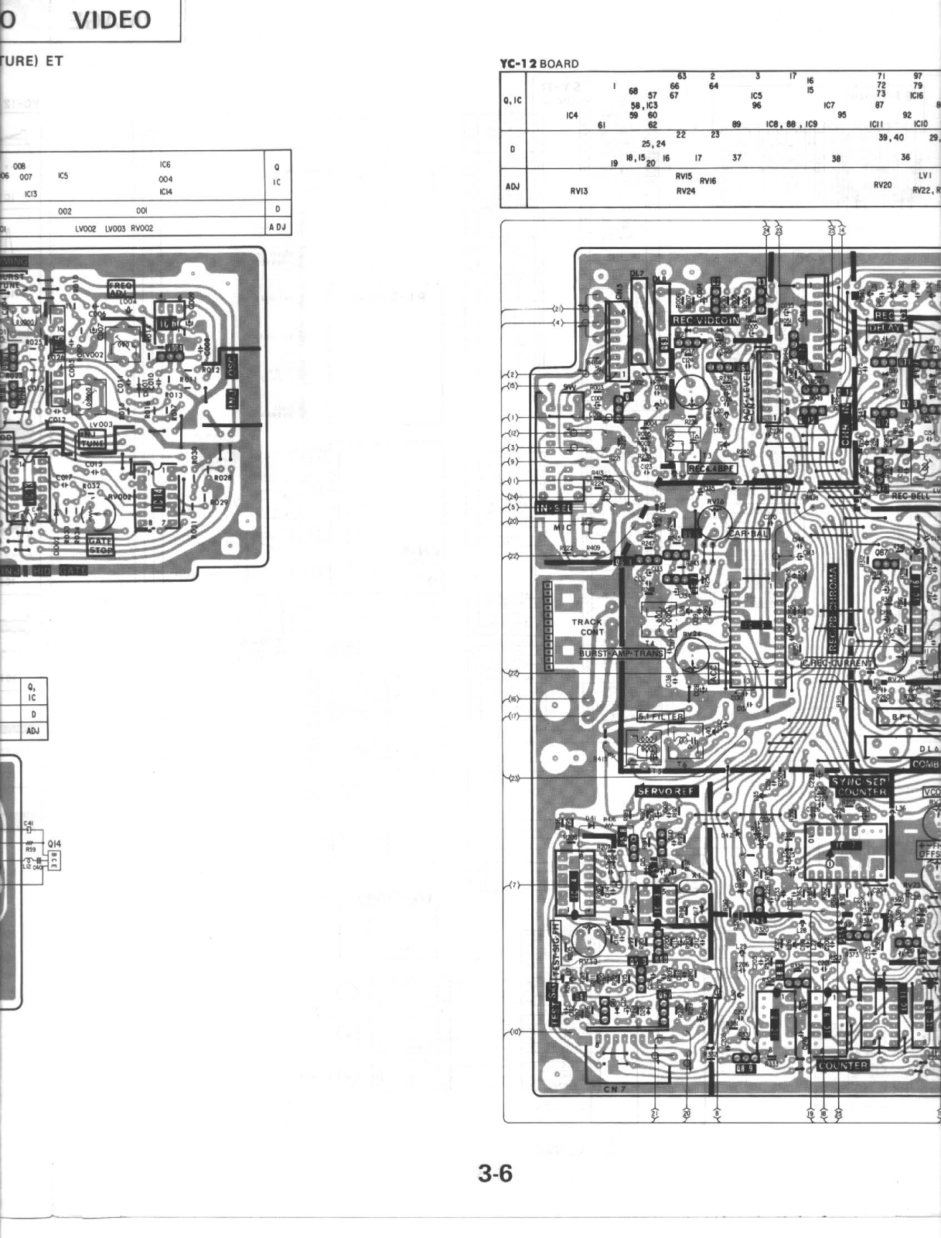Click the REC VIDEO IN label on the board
point(705,320)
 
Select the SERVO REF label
point(666,791)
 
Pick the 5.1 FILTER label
point(660,717)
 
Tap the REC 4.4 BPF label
point(712,469)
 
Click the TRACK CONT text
point(588,627)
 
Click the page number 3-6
point(495,1174)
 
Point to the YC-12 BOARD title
point(539,64)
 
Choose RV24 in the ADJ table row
point(685,191)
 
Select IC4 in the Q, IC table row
point(571,116)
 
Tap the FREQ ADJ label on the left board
point(121,288)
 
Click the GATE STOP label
point(101,545)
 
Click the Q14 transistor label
point(54,844)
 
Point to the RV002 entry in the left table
point(141,228)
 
